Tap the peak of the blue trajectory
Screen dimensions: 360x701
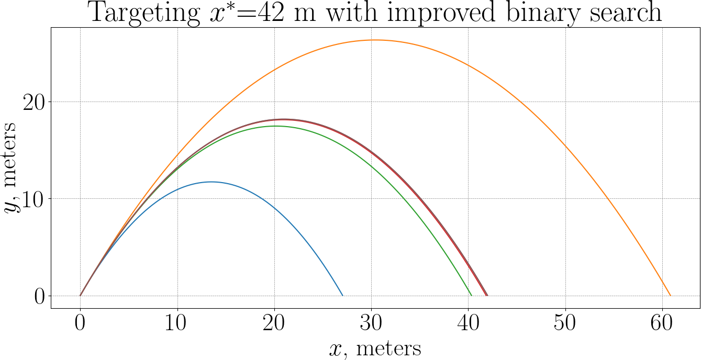point(212,182)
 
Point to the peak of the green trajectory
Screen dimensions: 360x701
point(275,126)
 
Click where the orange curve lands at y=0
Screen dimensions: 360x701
point(670,296)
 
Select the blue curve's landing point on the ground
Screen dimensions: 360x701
point(342,296)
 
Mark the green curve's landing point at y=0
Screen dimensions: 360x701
point(472,296)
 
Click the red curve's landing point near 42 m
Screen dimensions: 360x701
point(487,296)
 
